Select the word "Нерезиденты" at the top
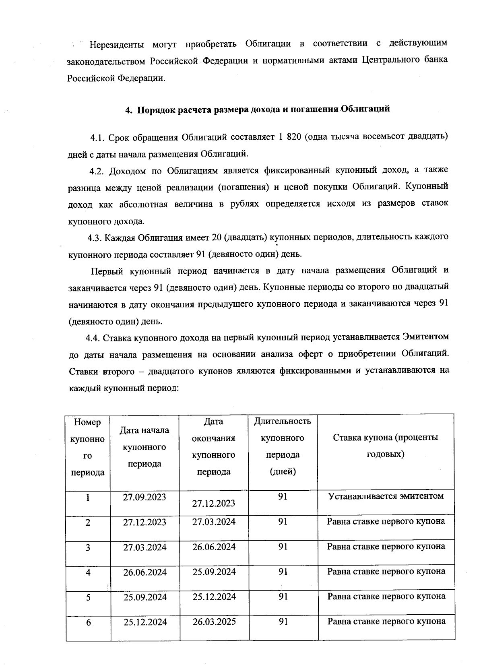(x=117, y=44)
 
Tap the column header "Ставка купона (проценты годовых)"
(x=386, y=446)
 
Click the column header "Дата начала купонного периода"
(x=144, y=447)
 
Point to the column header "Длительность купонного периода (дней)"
(x=283, y=446)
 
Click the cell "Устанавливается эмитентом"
(x=386, y=496)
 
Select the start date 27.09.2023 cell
(x=144, y=497)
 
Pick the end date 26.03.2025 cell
(x=214, y=622)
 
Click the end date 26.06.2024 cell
(x=214, y=547)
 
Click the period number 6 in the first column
(x=88, y=622)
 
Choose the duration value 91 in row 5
(x=283, y=597)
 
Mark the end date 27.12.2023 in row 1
(x=214, y=504)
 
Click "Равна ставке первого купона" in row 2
(x=386, y=522)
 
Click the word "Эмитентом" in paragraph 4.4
(x=425, y=337)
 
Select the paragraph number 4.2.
(x=97, y=171)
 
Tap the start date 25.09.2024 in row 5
(x=145, y=597)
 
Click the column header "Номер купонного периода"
(x=88, y=447)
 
